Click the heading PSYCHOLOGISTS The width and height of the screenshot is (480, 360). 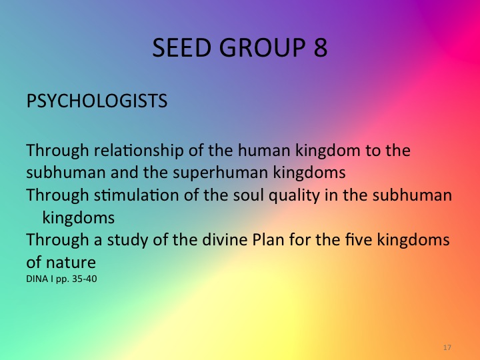97,102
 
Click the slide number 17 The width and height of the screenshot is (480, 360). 447,348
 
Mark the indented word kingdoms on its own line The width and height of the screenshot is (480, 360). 79,217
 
